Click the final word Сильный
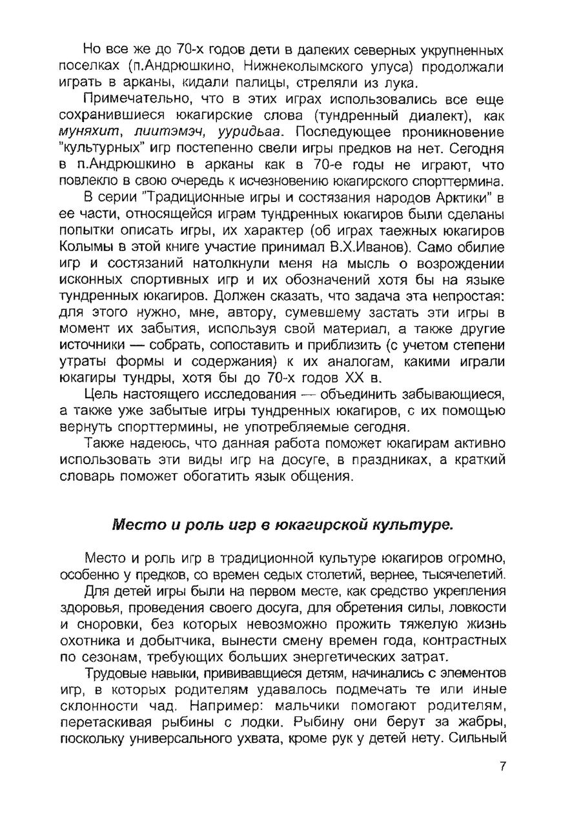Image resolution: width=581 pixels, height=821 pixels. [x=478, y=738]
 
